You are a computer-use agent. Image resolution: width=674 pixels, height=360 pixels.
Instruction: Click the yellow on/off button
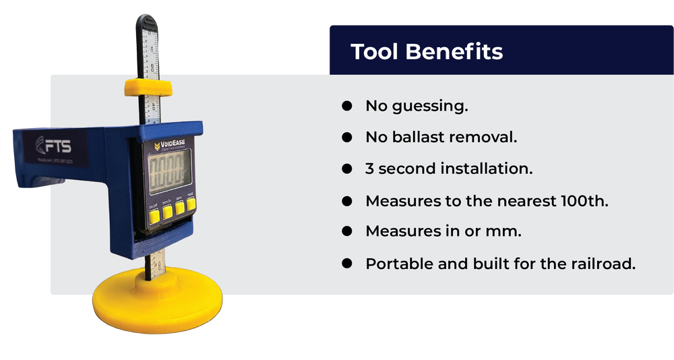[154, 216]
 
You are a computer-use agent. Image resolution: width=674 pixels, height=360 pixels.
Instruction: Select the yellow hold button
[191, 204]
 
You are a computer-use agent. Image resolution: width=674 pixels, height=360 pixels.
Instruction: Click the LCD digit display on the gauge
[168, 171]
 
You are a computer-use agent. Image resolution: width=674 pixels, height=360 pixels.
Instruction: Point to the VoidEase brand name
[174, 143]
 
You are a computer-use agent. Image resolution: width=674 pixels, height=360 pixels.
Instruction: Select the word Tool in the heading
[375, 52]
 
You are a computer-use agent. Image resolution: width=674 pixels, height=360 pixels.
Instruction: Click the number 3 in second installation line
[369, 169]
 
